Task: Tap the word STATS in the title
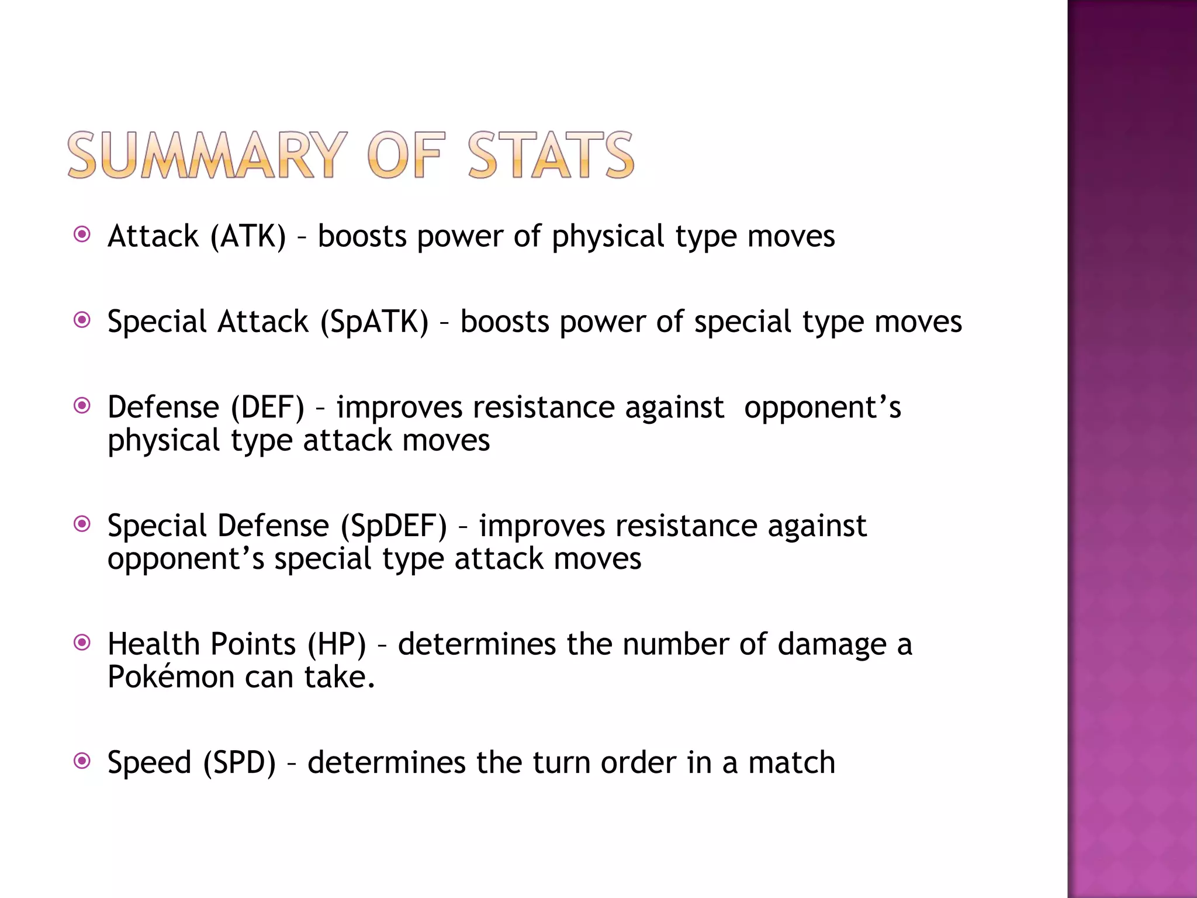(551, 155)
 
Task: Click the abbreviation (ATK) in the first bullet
(248, 237)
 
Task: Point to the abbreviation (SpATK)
(374, 322)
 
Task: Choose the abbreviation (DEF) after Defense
(268, 407)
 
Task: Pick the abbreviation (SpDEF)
(394, 526)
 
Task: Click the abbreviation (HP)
(337, 644)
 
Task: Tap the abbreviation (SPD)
(240, 763)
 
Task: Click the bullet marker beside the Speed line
(82, 761)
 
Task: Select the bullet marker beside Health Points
(82, 643)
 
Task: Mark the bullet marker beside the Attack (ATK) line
(82, 234)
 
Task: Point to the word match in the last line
(792, 763)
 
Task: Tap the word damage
(832, 645)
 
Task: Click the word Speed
(150, 763)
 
